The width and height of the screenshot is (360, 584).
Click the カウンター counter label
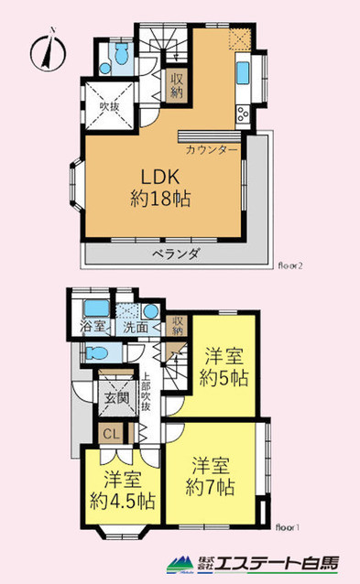point(213,148)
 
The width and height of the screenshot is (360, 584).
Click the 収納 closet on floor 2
point(176,85)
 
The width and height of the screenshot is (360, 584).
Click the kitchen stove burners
point(244,114)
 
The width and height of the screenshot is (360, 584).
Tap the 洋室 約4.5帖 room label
point(122,490)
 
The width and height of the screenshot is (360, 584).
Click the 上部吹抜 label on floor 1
point(145,392)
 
